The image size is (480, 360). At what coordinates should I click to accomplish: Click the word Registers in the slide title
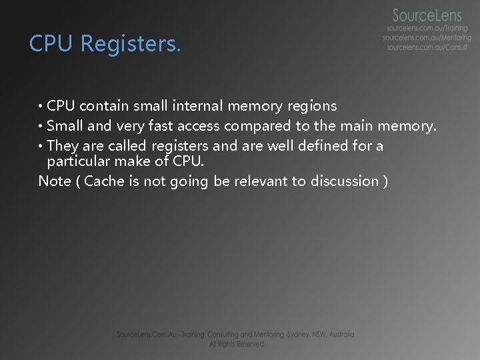pyautogui.click(x=130, y=44)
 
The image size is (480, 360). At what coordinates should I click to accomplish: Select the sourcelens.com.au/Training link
pyautogui.click(x=427, y=29)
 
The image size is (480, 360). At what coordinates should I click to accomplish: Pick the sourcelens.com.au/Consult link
pyautogui.click(x=427, y=47)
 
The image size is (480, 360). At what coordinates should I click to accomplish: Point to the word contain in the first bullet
pyautogui.click(x=104, y=106)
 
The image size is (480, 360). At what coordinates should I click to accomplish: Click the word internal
pyautogui.click(x=197, y=106)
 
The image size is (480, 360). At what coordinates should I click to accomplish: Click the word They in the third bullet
pyautogui.click(x=63, y=146)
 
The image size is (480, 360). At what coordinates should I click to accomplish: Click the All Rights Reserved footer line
pyautogui.click(x=236, y=344)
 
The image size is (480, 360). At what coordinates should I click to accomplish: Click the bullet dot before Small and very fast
pyautogui.click(x=41, y=127)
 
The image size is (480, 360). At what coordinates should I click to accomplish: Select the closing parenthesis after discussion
pyautogui.click(x=386, y=181)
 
